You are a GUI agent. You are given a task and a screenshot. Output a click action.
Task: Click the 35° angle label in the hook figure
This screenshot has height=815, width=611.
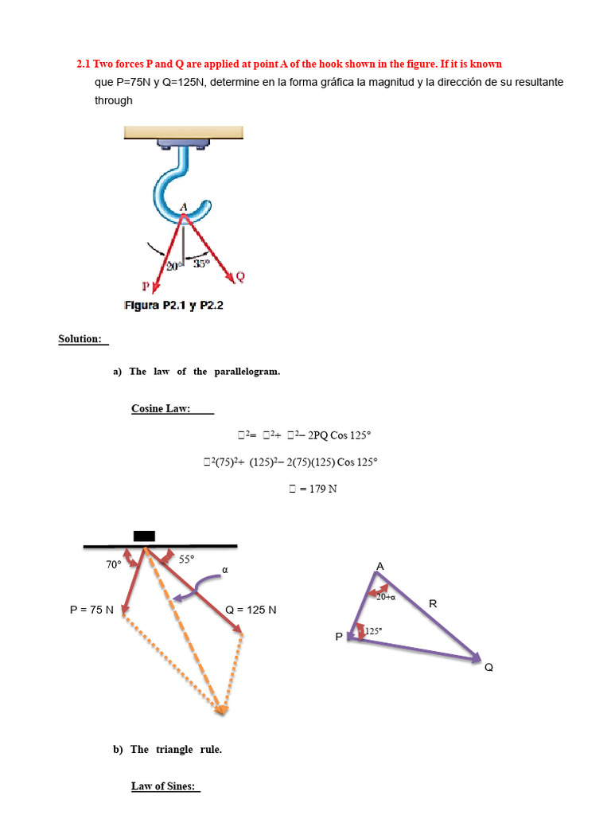coord(202,263)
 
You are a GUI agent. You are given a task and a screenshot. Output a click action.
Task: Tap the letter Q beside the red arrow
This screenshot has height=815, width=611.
coord(239,276)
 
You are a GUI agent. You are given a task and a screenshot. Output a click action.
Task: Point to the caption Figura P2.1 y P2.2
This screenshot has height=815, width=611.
coord(173,305)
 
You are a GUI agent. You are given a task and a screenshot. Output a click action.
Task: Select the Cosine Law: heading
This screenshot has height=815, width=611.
coord(161,409)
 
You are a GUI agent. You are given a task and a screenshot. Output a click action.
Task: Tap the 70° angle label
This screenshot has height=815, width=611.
coord(114,564)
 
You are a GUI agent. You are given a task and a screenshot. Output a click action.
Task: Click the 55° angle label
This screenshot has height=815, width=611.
coord(186,560)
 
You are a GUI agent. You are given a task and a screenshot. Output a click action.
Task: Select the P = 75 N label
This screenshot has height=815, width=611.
coord(92,610)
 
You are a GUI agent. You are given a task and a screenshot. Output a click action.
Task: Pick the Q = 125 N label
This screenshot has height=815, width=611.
coord(251,610)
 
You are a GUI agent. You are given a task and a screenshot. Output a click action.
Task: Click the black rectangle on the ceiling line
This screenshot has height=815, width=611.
coord(144,536)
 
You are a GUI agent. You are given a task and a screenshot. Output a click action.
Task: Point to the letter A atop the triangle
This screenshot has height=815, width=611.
coord(379,566)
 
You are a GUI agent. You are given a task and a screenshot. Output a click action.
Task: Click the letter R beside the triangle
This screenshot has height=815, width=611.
coord(433,603)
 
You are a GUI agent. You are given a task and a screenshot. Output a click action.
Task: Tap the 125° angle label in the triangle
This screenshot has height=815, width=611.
coord(373,631)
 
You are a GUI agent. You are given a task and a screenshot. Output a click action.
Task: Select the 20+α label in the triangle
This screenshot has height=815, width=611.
coord(387,596)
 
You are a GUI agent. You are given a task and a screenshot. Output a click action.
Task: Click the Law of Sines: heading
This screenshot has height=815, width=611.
coord(163,786)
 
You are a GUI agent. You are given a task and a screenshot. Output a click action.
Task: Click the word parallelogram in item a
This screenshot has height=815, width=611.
coord(247,372)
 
